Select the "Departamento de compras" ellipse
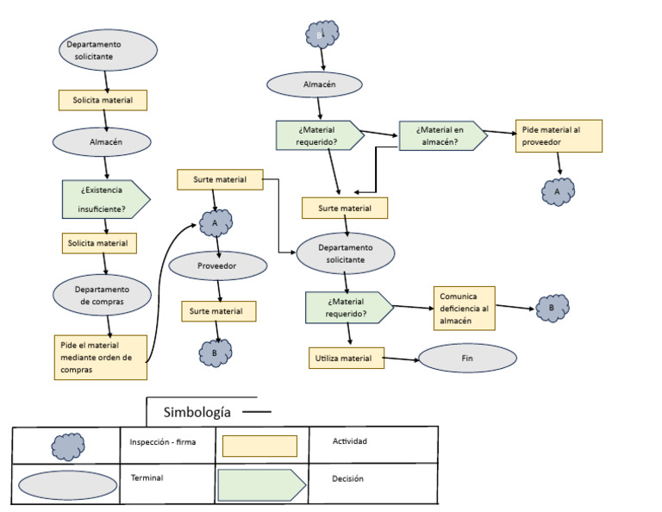point(103,296)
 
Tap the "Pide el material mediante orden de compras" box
point(100,357)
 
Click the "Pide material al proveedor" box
point(558,136)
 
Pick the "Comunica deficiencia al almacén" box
point(465,308)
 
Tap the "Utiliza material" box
point(344,358)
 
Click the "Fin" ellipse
point(467,358)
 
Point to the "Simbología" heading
point(199,412)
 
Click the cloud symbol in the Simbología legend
point(68,446)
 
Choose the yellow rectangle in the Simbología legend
point(259,446)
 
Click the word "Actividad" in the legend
point(350,441)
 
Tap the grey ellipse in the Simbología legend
point(67,484)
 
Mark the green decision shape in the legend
point(261,484)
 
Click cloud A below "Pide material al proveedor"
point(558,190)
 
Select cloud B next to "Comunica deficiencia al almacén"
point(552,308)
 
